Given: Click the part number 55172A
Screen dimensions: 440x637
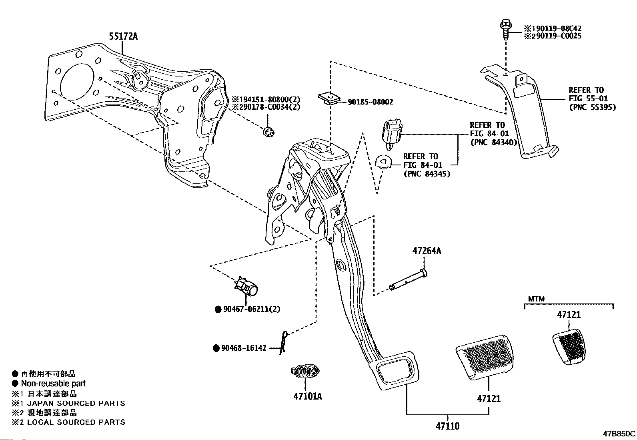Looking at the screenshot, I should coord(123,36).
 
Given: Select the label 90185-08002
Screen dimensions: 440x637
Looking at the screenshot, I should coord(370,102).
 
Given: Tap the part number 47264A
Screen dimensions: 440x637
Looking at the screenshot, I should coord(427,251).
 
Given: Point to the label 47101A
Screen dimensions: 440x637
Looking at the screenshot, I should coord(307,396).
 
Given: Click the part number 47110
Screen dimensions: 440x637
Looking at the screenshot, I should coord(448,426).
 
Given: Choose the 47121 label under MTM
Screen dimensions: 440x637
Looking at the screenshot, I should coord(569,315).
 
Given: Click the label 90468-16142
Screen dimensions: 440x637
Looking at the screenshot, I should coord(244,348).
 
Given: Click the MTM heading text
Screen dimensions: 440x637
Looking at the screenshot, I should coord(536,299).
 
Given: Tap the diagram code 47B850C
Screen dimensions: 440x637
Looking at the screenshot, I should coord(619,434).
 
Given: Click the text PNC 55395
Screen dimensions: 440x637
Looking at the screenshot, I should coord(592,107).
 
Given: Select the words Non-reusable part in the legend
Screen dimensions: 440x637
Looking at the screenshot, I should coord(53,384).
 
